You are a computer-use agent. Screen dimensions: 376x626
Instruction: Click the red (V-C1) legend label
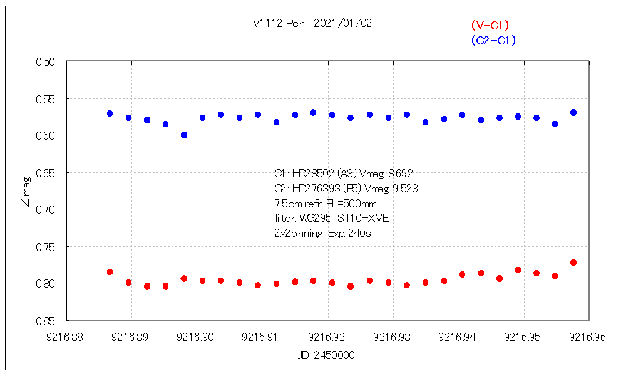(x=490, y=26)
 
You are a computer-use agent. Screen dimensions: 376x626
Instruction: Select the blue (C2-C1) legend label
(x=493, y=41)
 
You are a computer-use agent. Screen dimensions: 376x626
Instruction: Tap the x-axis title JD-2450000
(x=326, y=355)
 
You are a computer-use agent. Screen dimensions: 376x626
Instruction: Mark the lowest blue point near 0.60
(x=184, y=135)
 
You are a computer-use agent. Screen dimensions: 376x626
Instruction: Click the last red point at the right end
(x=573, y=263)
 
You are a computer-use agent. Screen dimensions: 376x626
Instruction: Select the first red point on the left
(x=110, y=272)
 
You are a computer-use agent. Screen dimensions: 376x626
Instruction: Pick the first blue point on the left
(x=110, y=113)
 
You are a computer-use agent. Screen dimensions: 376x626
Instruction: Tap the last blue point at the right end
(x=573, y=112)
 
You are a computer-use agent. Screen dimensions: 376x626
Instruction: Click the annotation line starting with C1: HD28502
(x=344, y=174)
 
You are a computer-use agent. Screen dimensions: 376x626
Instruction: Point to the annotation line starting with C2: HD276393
(x=346, y=189)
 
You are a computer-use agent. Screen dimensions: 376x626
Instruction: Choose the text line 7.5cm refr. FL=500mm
(x=326, y=204)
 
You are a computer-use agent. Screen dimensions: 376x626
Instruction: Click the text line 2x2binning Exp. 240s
(x=324, y=233)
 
